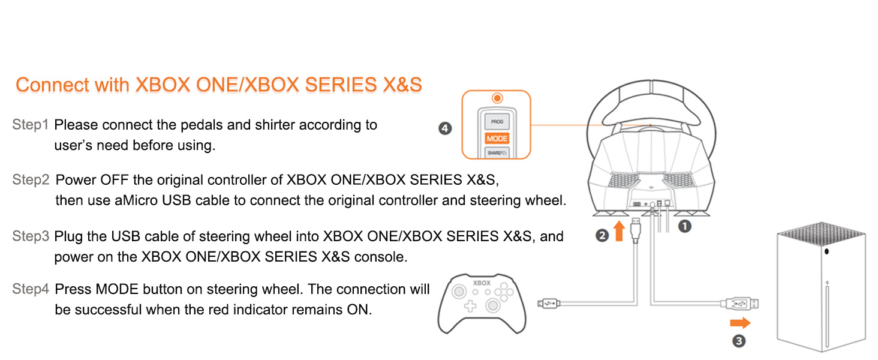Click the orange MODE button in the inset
(x=497, y=139)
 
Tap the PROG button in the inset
(x=497, y=122)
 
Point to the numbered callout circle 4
(x=445, y=128)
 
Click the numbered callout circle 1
(x=684, y=226)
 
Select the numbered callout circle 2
(x=602, y=235)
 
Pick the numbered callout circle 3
(x=739, y=341)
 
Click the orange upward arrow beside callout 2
(x=619, y=231)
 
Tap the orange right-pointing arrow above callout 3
(x=740, y=323)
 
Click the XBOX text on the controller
(x=482, y=283)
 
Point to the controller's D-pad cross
(x=470, y=306)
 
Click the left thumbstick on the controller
(x=459, y=292)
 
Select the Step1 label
(x=31, y=124)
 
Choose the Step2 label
(x=31, y=179)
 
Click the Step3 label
(x=31, y=236)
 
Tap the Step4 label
(x=31, y=289)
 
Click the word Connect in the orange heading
(x=53, y=85)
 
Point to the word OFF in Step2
(x=115, y=179)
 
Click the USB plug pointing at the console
(x=739, y=304)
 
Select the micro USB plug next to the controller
(x=549, y=303)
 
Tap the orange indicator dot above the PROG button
(x=497, y=98)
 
